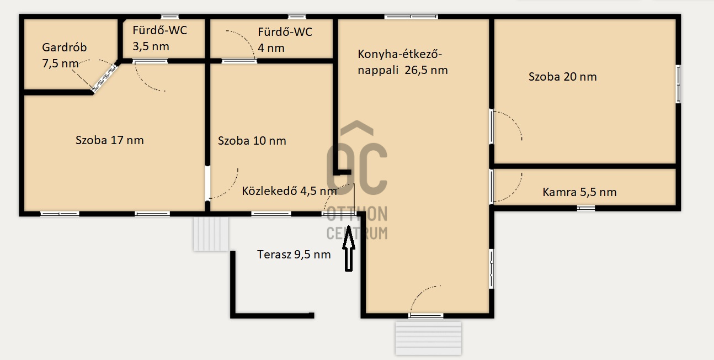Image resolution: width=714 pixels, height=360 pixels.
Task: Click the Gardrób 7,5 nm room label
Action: pos(64,55)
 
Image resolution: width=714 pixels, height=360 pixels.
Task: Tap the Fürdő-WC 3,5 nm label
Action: pos(159,38)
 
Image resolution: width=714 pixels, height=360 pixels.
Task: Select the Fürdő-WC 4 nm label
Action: pos(285,40)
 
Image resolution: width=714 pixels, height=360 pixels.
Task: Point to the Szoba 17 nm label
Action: pos(110,140)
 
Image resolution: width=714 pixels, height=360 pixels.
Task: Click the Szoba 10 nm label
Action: pos(252,141)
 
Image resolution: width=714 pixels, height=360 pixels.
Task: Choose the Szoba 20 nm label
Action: pos(563,77)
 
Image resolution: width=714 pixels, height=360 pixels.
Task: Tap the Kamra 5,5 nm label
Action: pos(579,192)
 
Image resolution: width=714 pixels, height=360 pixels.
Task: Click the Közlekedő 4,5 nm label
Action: pos(289,191)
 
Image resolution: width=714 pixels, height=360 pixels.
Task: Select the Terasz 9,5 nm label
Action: pos(294,255)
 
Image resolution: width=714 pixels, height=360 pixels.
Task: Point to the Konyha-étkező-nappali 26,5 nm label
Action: pos(403,62)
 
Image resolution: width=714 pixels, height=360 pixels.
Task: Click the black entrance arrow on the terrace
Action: pos(349,248)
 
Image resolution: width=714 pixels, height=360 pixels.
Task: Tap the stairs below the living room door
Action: pos(428,338)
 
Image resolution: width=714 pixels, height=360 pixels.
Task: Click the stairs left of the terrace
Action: pos(211,234)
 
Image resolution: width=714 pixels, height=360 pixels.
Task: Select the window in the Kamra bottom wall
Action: pos(586,208)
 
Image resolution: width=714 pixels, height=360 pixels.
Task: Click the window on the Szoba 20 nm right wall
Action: pos(678,84)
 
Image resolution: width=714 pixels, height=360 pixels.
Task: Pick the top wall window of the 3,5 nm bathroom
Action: pos(169,17)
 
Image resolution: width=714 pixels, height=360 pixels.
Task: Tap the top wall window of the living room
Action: pos(411,17)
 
